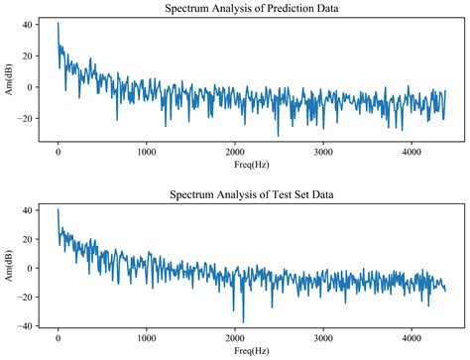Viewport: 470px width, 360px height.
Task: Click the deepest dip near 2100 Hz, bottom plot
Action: click(x=243, y=321)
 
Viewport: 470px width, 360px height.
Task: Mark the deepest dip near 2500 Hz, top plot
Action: click(x=278, y=135)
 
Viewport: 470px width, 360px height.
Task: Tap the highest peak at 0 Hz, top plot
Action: click(x=58, y=23)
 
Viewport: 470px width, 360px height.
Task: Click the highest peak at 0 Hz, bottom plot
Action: click(x=58, y=209)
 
